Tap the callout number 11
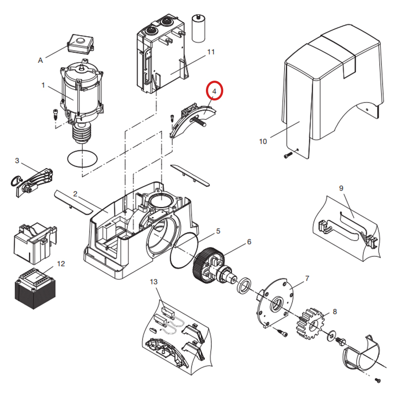[x=211, y=52]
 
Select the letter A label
[x=41, y=60]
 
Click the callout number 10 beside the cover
[x=263, y=142]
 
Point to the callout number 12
[x=61, y=264]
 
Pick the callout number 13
[x=153, y=282]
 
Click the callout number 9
[x=341, y=188]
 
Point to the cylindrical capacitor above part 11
[x=199, y=29]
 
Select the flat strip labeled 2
[x=73, y=201]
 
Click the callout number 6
[x=249, y=242]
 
